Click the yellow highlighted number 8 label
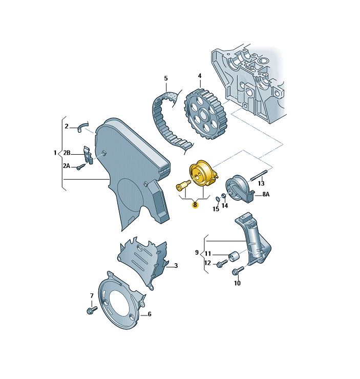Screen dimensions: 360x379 [195, 205]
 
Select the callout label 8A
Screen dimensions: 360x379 [266, 194]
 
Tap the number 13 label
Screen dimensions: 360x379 [261, 183]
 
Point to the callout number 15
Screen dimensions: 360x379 [216, 209]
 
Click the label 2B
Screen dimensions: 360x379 [67, 153]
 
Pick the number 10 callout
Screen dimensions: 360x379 [237, 283]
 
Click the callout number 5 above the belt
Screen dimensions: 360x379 [166, 78]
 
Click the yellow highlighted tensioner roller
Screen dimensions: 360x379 [203, 173]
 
